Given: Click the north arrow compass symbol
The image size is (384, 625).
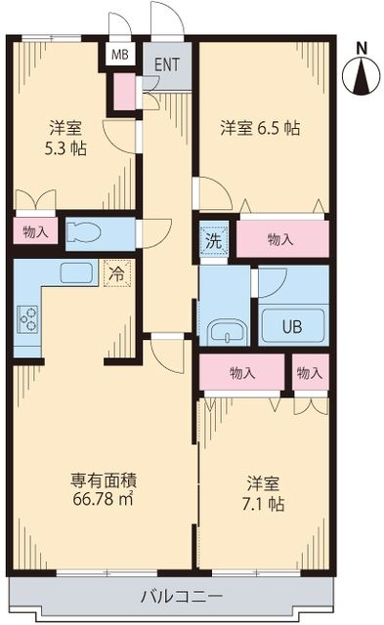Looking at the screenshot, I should click(362, 77).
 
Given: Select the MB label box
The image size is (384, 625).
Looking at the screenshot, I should click(119, 55).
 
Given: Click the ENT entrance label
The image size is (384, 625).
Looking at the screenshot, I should click(167, 65).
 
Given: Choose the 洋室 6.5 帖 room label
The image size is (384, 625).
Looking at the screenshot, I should click(259, 127).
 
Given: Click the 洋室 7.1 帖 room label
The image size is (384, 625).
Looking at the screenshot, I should click(264, 494).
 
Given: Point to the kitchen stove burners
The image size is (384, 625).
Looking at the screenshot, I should click(27, 317).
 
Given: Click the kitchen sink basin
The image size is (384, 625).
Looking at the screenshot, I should click(76, 272).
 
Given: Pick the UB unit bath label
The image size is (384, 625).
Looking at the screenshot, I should click(292, 327).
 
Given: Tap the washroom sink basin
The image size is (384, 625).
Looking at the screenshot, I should click(226, 332).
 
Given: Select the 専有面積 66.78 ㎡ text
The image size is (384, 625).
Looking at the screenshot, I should click(103, 490).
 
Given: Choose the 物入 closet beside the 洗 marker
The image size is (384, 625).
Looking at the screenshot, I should click(280, 239).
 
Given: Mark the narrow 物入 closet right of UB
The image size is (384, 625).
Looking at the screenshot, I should click(310, 373).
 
